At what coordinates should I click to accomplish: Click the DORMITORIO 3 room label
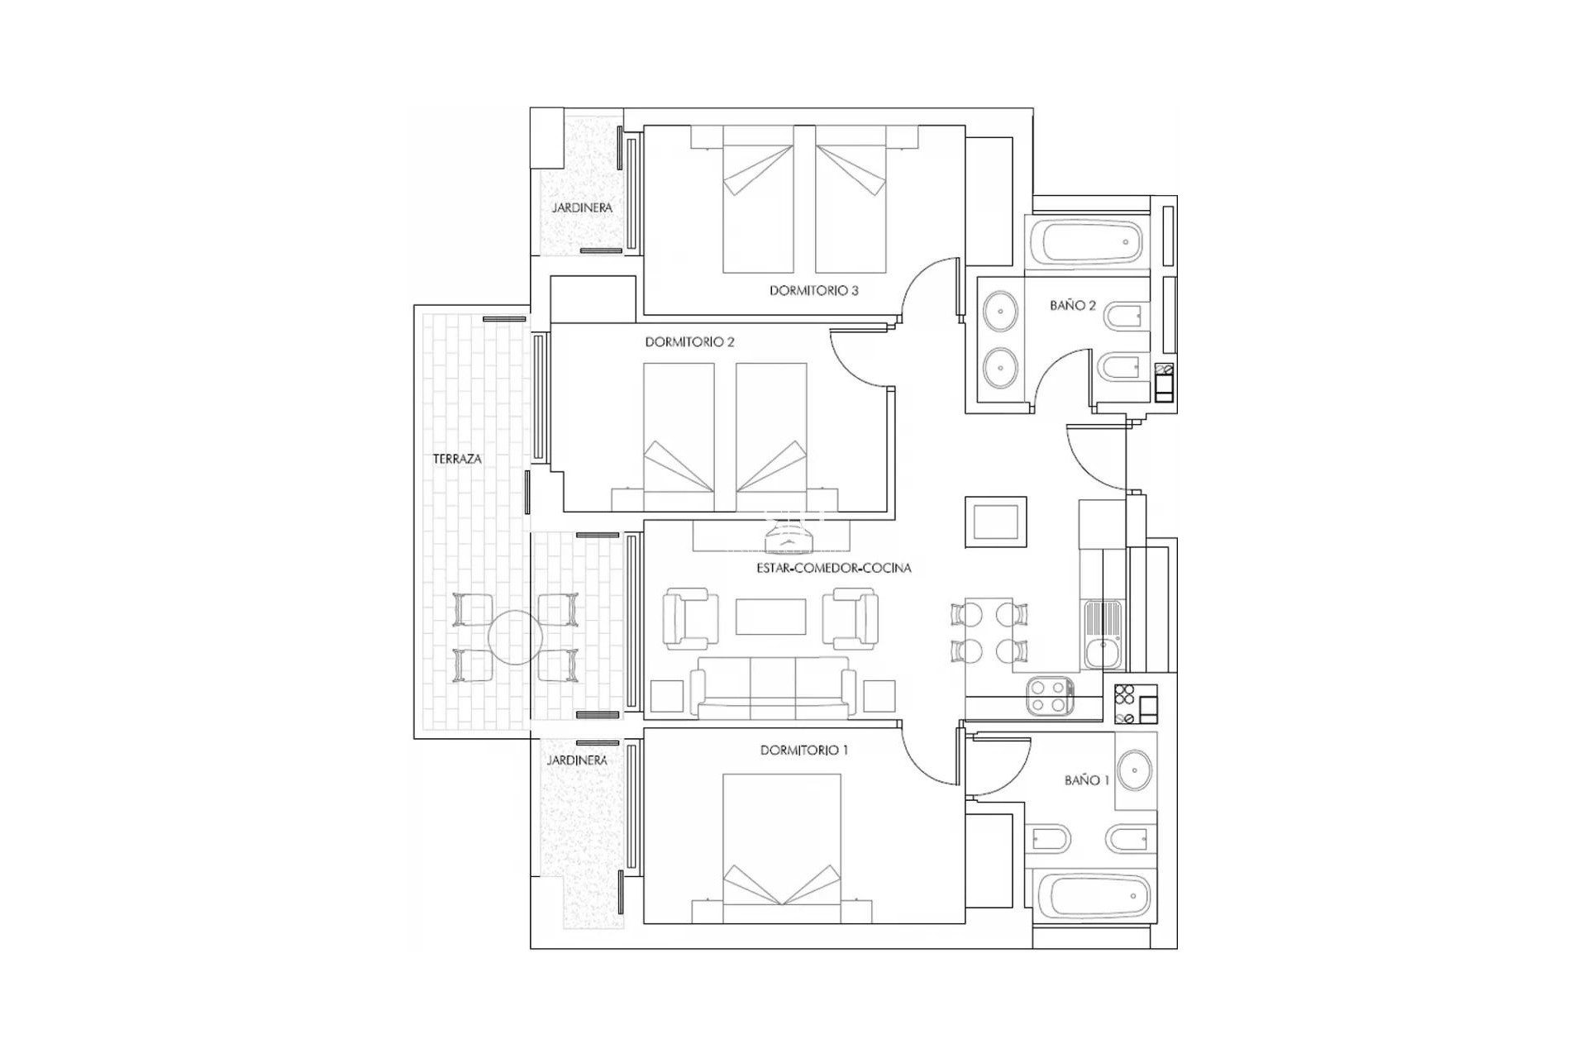[x=813, y=291]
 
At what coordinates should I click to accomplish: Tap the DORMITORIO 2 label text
[x=689, y=342]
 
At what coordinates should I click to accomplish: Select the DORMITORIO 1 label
[x=803, y=751]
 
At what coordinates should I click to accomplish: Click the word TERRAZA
[x=457, y=459]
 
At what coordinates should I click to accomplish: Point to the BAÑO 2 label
[x=1072, y=306]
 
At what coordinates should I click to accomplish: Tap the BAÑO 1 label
[x=1086, y=780]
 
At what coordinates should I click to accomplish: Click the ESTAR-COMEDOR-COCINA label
[x=833, y=569]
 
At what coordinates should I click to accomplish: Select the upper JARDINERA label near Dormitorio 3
[x=582, y=207]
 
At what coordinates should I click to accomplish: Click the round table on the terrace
[x=514, y=637]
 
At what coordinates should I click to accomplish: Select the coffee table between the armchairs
[x=770, y=617]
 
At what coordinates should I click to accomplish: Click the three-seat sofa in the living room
[x=773, y=688]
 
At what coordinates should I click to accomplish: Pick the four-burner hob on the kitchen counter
[x=1050, y=696]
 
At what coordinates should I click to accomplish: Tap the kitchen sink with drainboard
[x=1103, y=634]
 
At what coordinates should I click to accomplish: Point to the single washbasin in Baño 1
[x=1136, y=770]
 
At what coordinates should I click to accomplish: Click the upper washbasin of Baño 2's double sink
[x=1001, y=312]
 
